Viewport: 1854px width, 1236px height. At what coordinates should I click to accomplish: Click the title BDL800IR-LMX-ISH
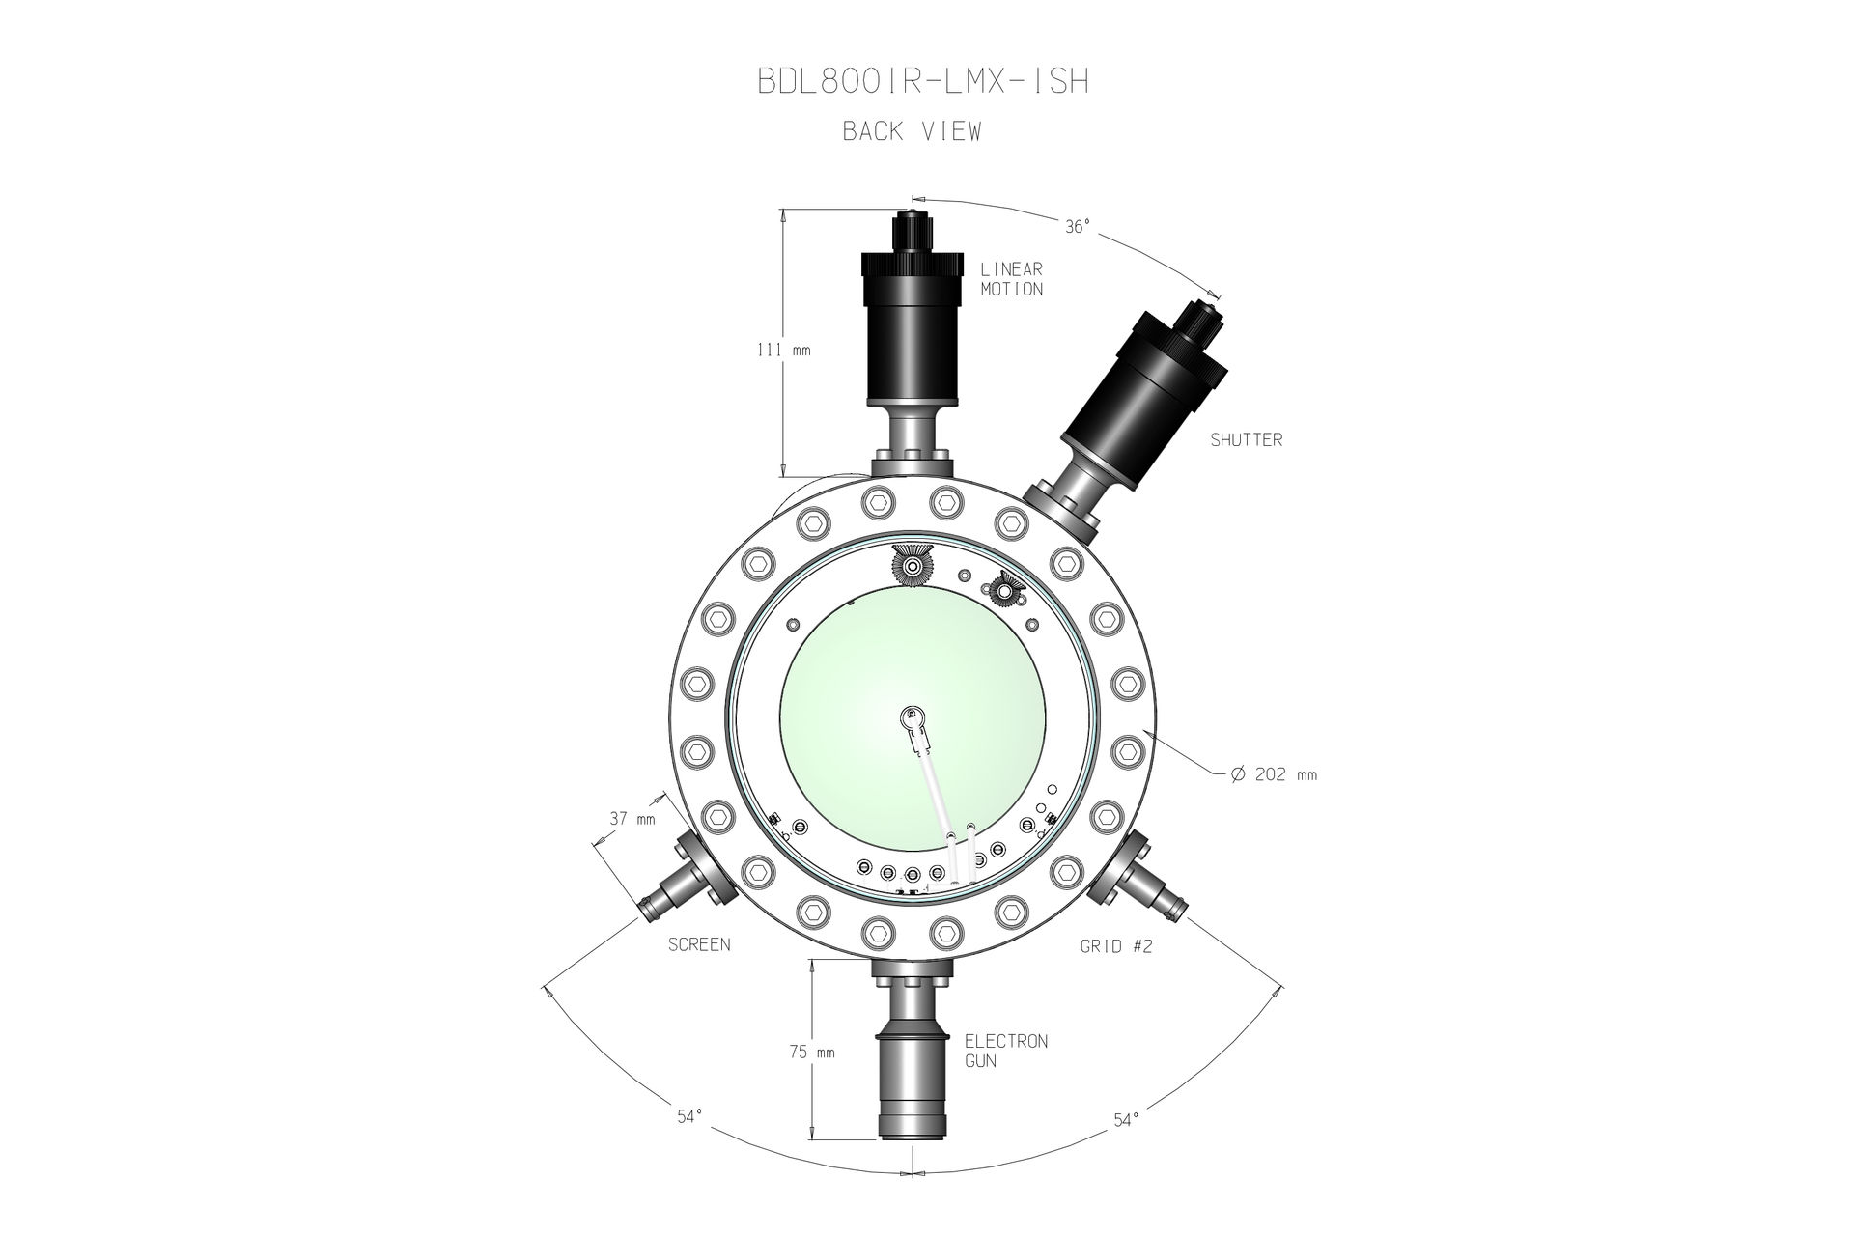923,82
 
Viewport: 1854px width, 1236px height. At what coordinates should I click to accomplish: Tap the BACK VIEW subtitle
912,132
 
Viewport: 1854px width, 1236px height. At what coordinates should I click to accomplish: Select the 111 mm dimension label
783,351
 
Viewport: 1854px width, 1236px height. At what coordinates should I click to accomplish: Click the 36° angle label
1078,227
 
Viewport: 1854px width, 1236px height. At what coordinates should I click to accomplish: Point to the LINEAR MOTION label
1012,279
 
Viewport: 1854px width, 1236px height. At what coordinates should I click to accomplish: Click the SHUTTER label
1247,440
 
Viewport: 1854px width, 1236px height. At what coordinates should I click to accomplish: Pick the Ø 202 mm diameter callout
1274,774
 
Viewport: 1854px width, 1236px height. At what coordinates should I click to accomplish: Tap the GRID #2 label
1116,947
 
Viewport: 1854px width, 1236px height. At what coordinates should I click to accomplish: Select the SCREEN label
699,944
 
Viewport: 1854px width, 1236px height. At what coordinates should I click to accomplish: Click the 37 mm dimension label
632,820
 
